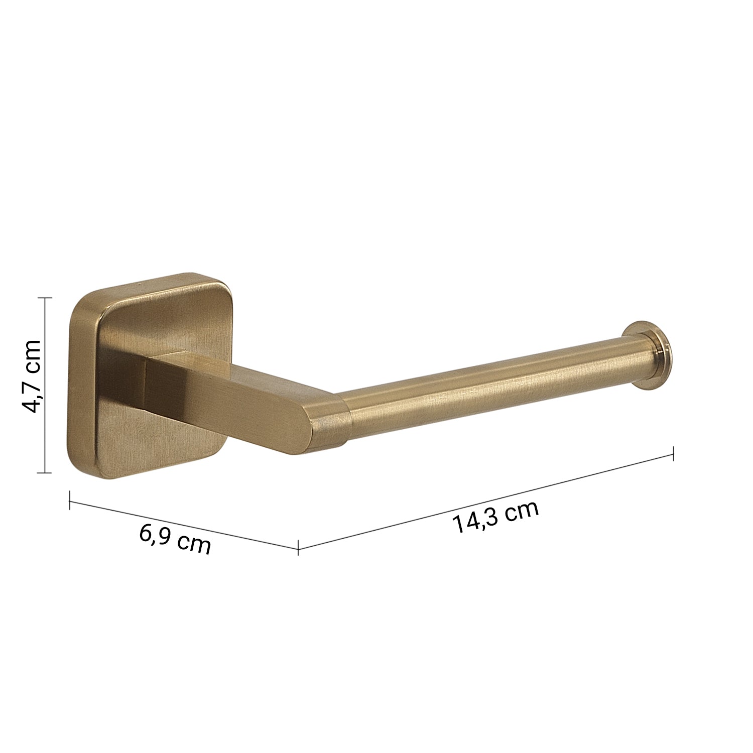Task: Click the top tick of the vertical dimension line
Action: coord(45,298)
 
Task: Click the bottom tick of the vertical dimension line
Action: coord(45,472)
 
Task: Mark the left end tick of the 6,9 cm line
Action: coord(69,500)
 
